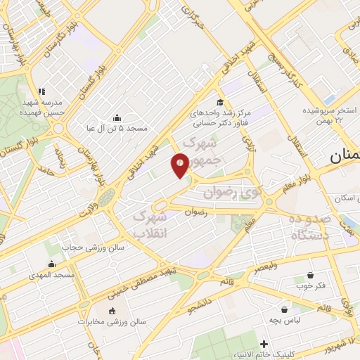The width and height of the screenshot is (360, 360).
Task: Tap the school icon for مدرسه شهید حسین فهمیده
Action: point(41,91)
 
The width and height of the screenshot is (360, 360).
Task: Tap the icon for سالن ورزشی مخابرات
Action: point(112,310)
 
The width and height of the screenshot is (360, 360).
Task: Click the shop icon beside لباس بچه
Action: point(284,309)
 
